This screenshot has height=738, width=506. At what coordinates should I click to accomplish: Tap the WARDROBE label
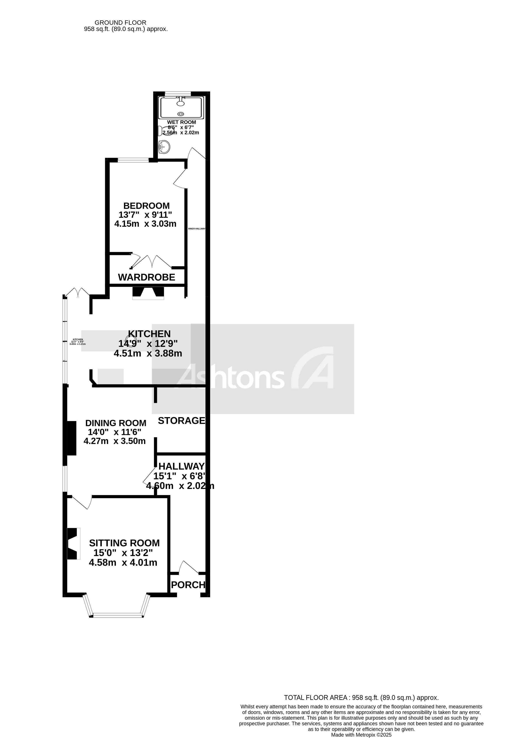tap(147, 277)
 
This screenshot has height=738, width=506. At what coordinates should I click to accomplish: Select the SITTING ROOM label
tap(124, 543)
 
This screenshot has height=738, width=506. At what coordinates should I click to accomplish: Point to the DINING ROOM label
tap(116, 423)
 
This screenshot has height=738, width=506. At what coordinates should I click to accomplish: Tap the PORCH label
tap(188, 585)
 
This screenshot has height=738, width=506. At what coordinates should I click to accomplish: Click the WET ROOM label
tap(182, 122)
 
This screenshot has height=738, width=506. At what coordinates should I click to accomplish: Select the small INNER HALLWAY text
tap(197, 229)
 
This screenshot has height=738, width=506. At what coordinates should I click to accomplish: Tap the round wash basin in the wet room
tap(164, 147)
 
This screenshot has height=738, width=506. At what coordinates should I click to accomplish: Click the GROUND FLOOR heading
tap(121, 23)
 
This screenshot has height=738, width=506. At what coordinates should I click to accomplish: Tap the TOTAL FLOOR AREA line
tap(361, 698)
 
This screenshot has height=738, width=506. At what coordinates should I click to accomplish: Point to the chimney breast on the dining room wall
tap(72, 438)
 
